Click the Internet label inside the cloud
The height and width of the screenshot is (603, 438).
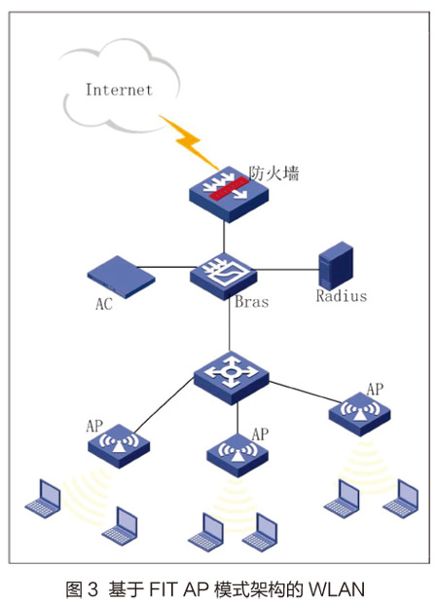click(x=119, y=90)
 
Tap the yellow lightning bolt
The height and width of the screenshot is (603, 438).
click(x=188, y=142)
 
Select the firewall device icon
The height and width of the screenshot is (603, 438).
click(x=229, y=194)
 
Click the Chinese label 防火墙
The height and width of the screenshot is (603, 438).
click(x=274, y=173)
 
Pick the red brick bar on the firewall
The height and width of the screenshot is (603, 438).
click(x=228, y=188)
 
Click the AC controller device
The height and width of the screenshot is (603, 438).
click(x=121, y=277)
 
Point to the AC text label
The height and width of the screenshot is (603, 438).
click(x=104, y=304)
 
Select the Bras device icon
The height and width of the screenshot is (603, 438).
click(x=224, y=276)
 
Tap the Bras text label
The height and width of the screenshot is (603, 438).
click(x=252, y=302)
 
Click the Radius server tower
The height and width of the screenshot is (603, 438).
click(x=336, y=266)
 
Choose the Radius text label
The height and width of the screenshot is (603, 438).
click(x=342, y=296)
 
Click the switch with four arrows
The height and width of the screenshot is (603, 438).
click(x=231, y=378)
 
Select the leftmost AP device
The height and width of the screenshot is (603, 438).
click(x=119, y=446)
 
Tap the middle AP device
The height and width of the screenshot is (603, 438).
click(x=237, y=455)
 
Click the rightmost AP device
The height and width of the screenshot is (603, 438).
click(x=359, y=414)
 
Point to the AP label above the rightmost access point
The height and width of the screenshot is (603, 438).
click(x=375, y=390)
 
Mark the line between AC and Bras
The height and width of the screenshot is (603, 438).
click(x=164, y=267)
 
